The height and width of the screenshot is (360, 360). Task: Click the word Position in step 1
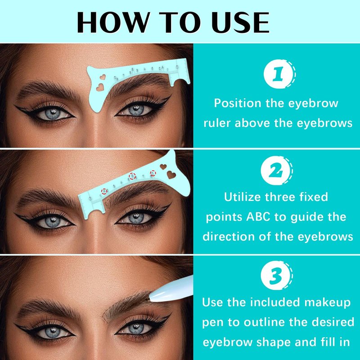tap(238, 103)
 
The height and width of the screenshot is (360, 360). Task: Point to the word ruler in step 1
tap(217, 123)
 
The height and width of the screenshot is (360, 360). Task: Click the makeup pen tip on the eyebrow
tap(150, 298)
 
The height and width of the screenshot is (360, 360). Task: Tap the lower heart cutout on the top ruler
tap(99, 87)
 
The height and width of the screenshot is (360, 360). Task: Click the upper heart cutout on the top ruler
tap(103, 76)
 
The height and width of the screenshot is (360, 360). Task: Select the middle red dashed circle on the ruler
tap(132, 176)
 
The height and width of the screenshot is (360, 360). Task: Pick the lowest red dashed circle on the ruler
tap(104, 191)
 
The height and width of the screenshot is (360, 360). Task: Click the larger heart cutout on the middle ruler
tap(171, 175)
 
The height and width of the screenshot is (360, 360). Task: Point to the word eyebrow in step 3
tap(228, 342)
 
